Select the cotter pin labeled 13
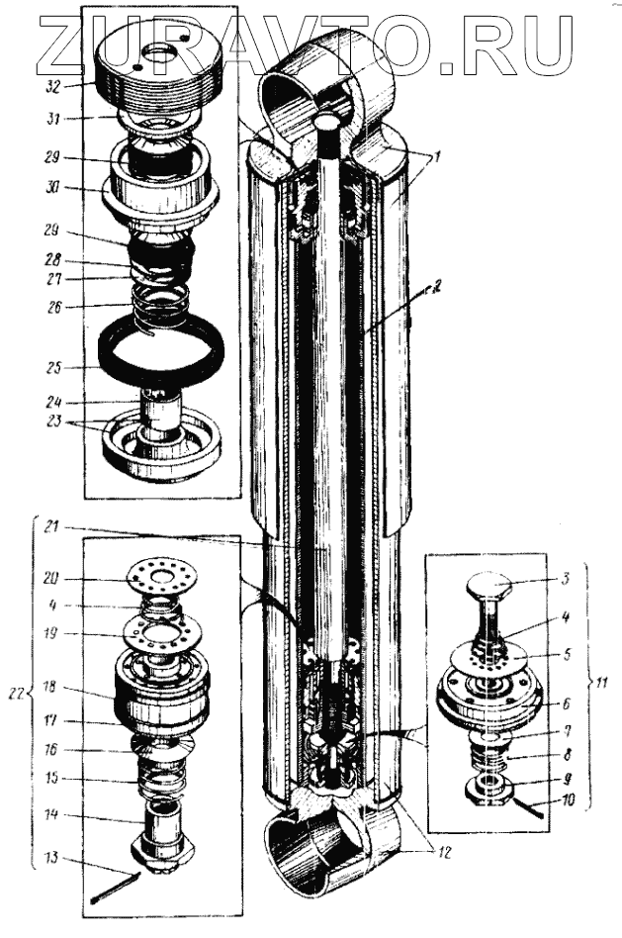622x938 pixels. tap(118, 888)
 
